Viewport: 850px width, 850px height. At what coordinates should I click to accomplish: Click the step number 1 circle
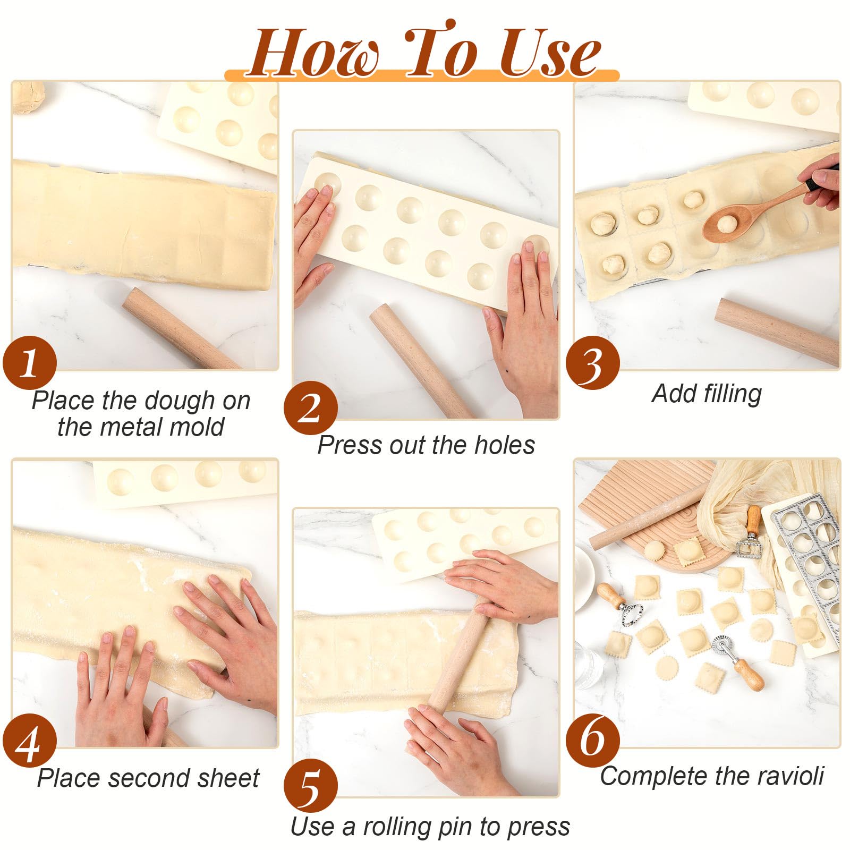pyautogui.click(x=29, y=363)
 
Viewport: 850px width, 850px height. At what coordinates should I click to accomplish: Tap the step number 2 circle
pyautogui.click(x=311, y=408)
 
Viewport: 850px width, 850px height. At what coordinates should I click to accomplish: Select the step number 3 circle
pyautogui.click(x=592, y=363)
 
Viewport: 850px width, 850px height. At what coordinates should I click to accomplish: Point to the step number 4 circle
pyautogui.click(x=29, y=741)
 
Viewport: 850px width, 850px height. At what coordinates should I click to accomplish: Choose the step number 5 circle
pyautogui.click(x=311, y=786)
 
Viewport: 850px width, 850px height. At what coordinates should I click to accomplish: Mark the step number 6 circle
pyautogui.click(x=592, y=740)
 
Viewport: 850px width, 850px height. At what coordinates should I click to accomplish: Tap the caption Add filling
pyautogui.click(x=707, y=394)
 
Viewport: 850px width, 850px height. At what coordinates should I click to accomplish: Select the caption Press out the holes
pyautogui.click(x=426, y=445)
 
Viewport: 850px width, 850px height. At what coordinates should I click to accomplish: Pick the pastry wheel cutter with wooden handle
pyautogui.click(x=738, y=661)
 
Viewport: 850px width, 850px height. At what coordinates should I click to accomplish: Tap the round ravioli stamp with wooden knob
pyautogui.click(x=619, y=603)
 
